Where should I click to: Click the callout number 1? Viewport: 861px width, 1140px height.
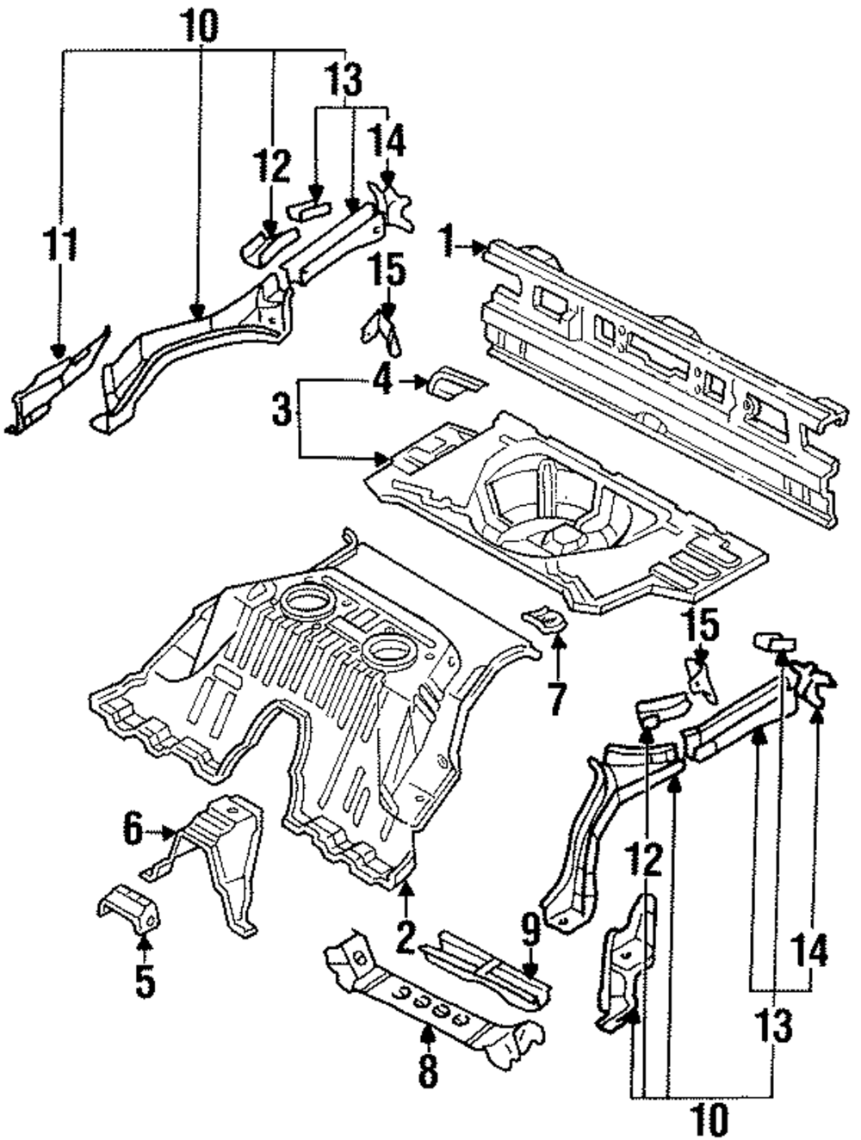click(x=447, y=240)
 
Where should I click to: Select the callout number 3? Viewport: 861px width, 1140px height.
click(x=281, y=410)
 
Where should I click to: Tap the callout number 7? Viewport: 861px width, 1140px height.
click(x=557, y=699)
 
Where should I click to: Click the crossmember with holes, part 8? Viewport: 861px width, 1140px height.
click(x=430, y=1002)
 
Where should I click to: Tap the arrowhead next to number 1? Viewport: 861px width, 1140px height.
click(x=478, y=248)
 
